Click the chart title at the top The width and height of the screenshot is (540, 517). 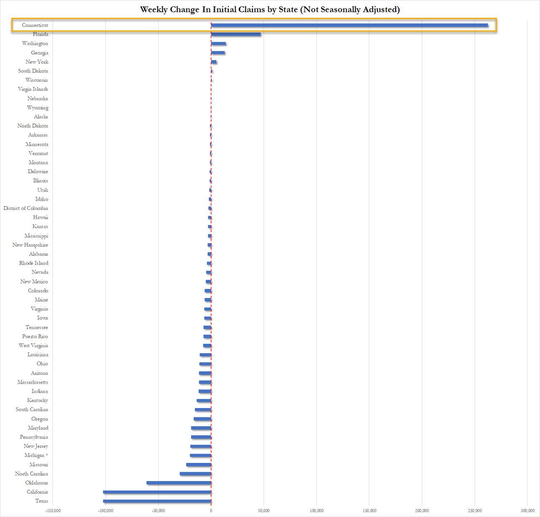[x=270, y=9]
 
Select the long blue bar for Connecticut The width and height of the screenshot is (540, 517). [x=349, y=25]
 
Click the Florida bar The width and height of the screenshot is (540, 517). [x=236, y=34]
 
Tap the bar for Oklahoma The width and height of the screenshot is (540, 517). [x=179, y=483]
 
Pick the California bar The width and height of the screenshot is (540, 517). [x=157, y=492]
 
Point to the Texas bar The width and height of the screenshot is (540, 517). [x=157, y=501]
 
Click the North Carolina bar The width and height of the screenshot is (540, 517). [x=195, y=474]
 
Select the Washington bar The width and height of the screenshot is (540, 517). [x=219, y=44]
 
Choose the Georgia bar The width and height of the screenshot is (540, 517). [x=218, y=53]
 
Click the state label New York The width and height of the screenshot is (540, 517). [x=37, y=62]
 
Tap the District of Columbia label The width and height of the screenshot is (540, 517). [x=26, y=208]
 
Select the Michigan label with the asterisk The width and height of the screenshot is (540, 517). [x=36, y=455]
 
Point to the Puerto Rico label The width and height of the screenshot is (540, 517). [x=35, y=337]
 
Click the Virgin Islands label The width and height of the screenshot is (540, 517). [x=33, y=89]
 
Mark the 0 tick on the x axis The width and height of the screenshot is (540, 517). [x=211, y=511]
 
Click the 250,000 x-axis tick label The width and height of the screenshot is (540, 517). [x=475, y=511]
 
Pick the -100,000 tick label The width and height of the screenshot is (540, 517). [x=105, y=511]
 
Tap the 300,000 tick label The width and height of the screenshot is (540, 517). [x=527, y=511]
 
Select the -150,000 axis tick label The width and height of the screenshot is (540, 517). [x=53, y=511]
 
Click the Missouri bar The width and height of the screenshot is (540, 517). [x=199, y=465]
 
